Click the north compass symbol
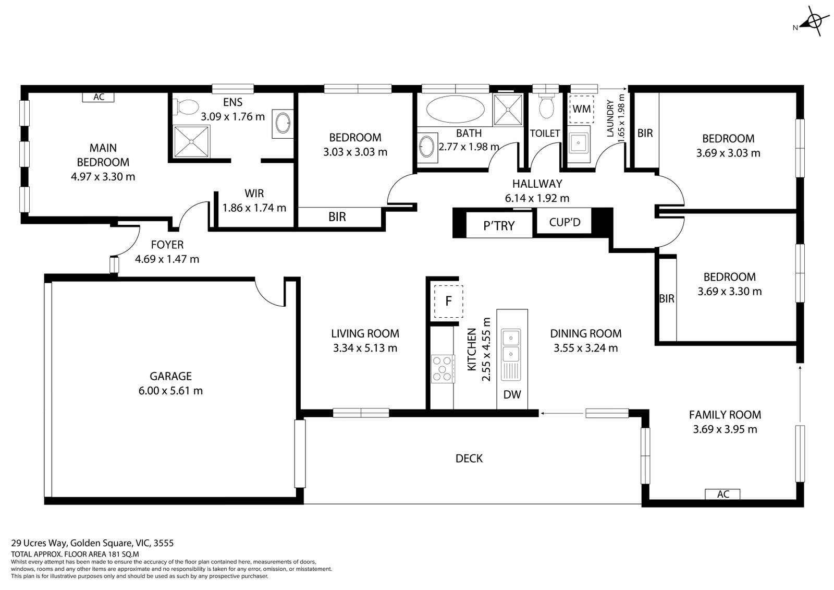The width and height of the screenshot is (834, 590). pos(811,22)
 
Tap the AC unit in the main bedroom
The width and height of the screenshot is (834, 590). pos(99,97)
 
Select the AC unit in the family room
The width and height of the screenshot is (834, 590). pos(722,494)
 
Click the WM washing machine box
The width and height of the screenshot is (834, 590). pos(582,109)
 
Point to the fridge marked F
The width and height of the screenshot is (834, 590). pos(448,301)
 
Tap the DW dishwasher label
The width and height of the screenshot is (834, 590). pos(512,395)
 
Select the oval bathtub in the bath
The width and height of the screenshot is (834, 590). pos(455,109)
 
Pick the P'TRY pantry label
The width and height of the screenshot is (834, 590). pos(499,225)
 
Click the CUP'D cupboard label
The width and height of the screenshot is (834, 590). pos(565,223)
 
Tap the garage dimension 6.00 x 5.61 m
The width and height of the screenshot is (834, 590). pos(170,391)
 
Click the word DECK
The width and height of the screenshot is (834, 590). pos(469,459)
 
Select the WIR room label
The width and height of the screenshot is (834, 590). pos(254,194)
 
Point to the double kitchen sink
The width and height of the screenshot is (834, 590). pos(511,346)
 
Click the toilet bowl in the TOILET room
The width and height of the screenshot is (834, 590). pos(546,106)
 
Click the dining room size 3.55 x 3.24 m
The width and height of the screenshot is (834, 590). pos(585,348)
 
